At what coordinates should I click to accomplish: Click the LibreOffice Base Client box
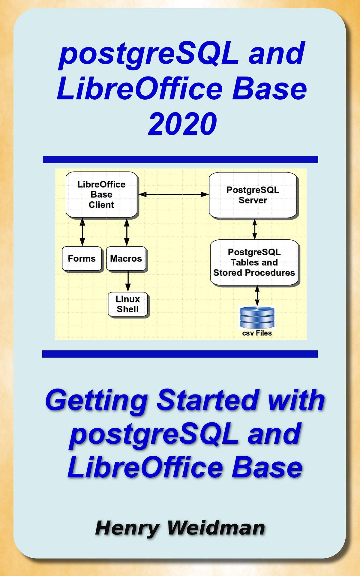[101, 194]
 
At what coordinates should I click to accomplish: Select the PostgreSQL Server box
[253, 195]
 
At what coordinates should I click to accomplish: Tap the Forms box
[82, 259]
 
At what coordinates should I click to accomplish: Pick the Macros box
[126, 259]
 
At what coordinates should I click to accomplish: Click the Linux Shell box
[128, 304]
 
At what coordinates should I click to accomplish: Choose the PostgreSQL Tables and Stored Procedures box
[254, 262]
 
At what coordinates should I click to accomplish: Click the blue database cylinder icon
[257, 317]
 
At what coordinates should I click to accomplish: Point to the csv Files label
[257, 333]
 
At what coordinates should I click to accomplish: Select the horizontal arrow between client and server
[173, 194]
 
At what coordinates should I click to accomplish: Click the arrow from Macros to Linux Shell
[128, 281]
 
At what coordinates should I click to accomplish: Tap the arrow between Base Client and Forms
[82, 232]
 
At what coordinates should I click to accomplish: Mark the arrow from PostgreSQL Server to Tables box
[255, 229]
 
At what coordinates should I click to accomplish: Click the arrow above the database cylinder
[257, 296]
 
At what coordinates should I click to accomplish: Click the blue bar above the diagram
[180, 160]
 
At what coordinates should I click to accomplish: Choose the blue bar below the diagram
[180, 354]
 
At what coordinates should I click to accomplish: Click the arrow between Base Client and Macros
[127, 232]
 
